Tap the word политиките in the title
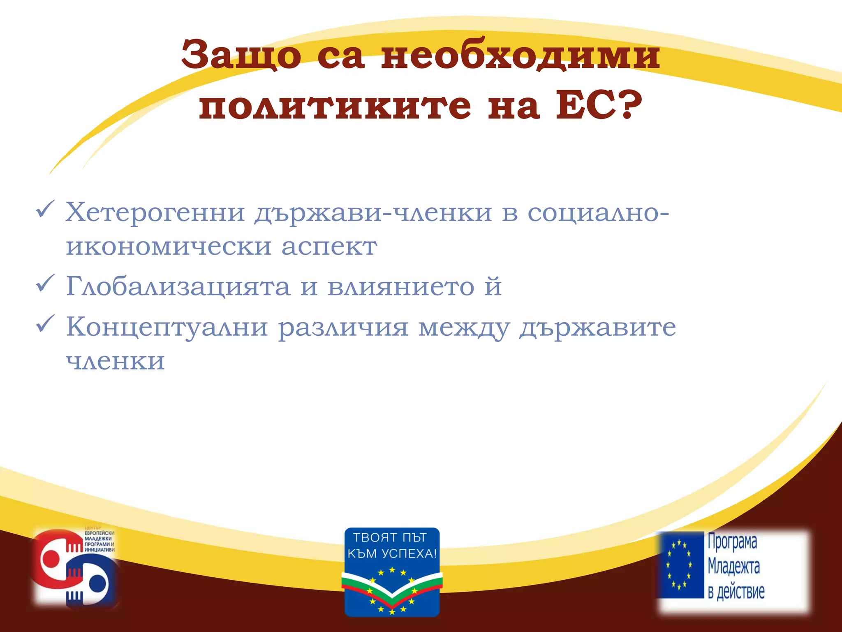point(335,106)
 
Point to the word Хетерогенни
point(155,213)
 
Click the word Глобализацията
point(178,286)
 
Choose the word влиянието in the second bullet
point(401,286)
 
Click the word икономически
point(169,247)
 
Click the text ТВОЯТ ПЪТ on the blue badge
point(390,537)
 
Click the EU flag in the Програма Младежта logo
point(680,565)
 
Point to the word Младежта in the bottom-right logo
point(733,567)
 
